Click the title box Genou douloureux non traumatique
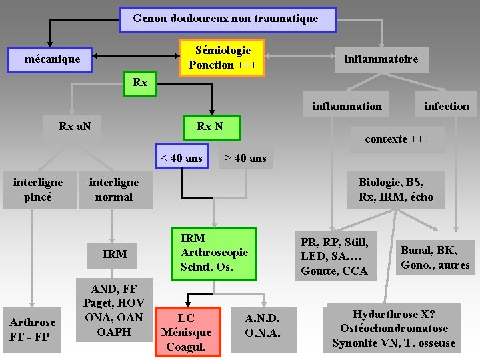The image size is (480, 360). coord(226,19)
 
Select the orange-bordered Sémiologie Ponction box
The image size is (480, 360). coord(222,57)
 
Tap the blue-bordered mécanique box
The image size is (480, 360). coord(53,59)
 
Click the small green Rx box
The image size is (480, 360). coord(140,83)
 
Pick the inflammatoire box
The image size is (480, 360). coord(381,59)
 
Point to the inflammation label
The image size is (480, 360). coord(347,106)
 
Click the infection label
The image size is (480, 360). coord(447,106)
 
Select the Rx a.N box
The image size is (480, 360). coord(75,126)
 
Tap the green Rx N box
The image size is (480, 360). coord(210,126)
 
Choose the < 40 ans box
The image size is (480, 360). coord(181,158)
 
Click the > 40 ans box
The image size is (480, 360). coord(245,158)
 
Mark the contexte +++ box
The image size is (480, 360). coord(397,139)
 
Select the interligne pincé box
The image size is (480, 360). coord(39,190)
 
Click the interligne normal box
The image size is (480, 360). coord(114,190)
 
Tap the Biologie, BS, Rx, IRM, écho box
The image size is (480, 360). coord(396,190)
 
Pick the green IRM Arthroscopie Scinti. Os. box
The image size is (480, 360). coord(214,253)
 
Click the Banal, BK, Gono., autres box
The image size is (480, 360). coord(435,257)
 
